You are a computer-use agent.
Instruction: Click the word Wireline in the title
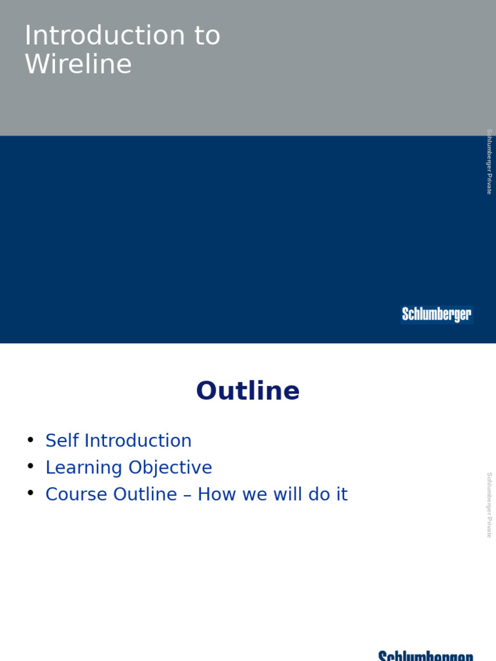(x=78, y=65)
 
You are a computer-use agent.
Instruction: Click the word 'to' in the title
(x=206, y=36)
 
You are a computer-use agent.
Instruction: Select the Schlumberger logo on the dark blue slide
(x=437, y=314)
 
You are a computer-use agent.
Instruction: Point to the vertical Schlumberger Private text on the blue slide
(x=489, y=161)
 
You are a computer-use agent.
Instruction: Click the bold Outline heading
(x=248, y=391)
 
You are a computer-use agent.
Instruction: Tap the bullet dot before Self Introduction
(x=30, y=440)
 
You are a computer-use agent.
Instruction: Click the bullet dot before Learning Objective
(x=30, y=467)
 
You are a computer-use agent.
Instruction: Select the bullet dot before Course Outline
(x=30, y=494)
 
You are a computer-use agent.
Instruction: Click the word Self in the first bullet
(x=62, y=441)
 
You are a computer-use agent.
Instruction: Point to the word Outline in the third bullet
(x=145, y=494)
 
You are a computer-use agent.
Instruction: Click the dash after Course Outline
(x=187, y=495)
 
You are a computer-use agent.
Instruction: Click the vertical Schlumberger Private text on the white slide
(x=489, y=505)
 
